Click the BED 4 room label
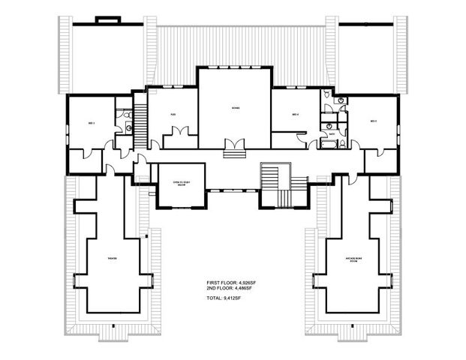[296, 115]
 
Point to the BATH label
[331, 135]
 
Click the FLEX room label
[173, 115]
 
